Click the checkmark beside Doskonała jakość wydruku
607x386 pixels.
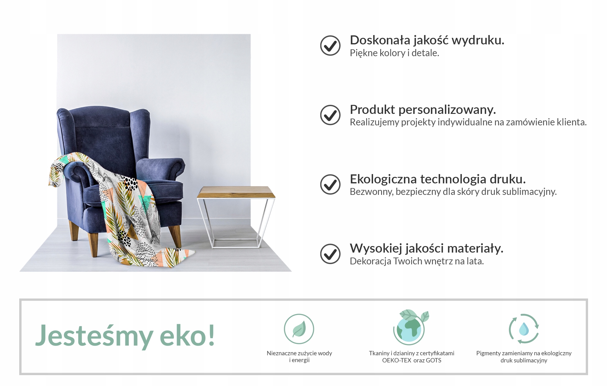coord(330,45)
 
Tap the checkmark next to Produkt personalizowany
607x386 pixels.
coord(330,115)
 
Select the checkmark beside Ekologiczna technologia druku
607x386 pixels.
coord(330,184)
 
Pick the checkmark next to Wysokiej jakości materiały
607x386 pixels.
coord(330,254)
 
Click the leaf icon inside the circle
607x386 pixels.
coord(299,329)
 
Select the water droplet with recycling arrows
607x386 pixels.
coord(524,329)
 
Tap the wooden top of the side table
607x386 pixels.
coord(236,192)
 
